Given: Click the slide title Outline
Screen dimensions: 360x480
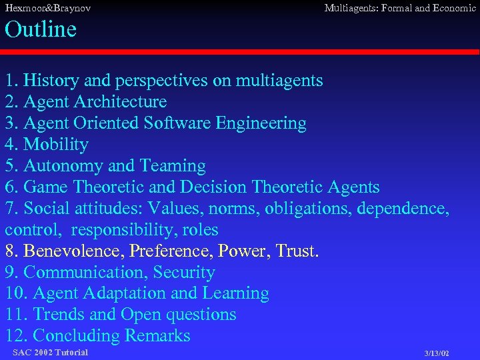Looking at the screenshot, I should [41, 29].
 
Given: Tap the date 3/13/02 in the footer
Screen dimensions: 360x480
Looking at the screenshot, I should [437, 353].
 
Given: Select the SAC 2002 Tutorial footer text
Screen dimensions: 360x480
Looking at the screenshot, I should [50, 352].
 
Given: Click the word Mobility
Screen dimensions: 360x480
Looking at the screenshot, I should [56, 145].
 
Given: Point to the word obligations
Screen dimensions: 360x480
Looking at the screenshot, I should [308, 209].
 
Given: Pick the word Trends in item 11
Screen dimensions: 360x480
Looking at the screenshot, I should [59, 315].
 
